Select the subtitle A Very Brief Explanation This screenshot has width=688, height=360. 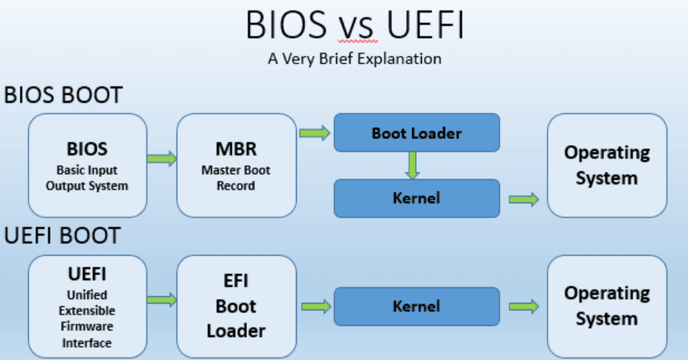click(x=354, y=58)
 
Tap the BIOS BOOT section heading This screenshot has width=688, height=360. click(x=63, y=96)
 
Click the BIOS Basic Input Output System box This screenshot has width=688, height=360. click(x=87, y=164)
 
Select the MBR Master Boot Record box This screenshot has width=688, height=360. click(x=236, y=164)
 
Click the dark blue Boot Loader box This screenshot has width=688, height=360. click(x=417, y=133)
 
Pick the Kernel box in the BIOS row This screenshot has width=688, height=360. click(x=417, y=198)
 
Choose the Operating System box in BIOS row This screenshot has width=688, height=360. click(x=607, y=164)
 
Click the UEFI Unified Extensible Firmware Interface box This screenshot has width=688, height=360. click(x=87, y=306)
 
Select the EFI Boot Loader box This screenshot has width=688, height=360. click(x=236, y=306)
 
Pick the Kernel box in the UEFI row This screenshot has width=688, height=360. click(x=417, y=306)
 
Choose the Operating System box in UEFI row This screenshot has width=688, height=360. click(x=607, y=306)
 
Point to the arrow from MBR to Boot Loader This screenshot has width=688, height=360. click(x=315, y=133)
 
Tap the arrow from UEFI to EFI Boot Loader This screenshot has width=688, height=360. click(x=161, y=299)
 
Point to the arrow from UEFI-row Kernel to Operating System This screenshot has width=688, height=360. click(x=524, y=306)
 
